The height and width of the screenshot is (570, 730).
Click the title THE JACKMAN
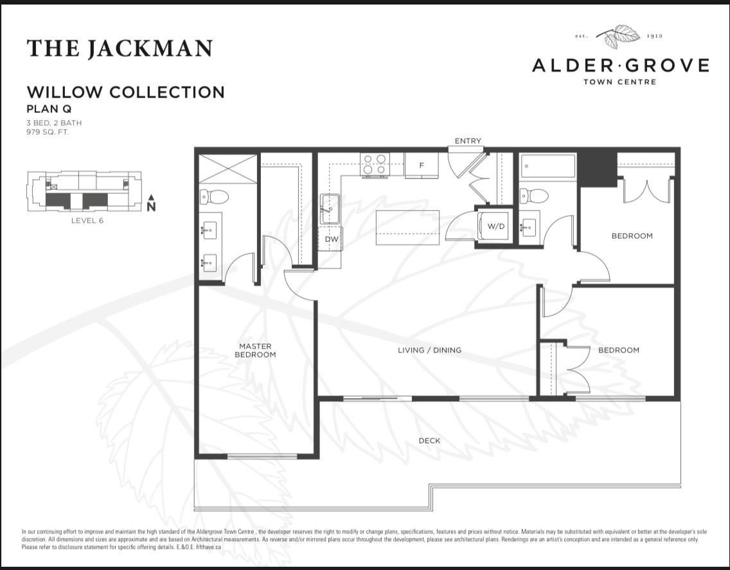(x=120, y=49)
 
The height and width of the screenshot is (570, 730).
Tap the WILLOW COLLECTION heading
(x=125, y=92)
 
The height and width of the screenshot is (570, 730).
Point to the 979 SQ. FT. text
(x=48, y=132)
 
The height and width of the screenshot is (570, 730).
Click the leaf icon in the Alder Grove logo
(x=618, y=36)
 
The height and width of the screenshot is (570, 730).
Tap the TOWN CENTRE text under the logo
(x=619, y=82)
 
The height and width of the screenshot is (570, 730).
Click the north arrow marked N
(x=151, y=203)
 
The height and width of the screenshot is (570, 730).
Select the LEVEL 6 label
(x=87, y=220)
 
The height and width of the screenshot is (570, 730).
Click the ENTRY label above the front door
(x=467, y=141)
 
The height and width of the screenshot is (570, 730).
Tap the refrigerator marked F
(x=422, y=166)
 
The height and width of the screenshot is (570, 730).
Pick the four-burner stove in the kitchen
(x=375, y=164)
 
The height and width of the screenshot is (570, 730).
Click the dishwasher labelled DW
(x=331, y=239)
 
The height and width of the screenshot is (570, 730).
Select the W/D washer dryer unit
(x=494, y=227)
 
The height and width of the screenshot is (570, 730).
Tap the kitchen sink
(x=330, y=207)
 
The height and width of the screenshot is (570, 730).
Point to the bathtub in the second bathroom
(x=547, y=166)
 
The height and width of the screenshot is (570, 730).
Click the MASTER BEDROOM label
(x=255, y=350)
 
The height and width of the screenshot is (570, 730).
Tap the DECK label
(x=429, y=440)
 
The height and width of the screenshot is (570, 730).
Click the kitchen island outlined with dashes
(x=407, y=227)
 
